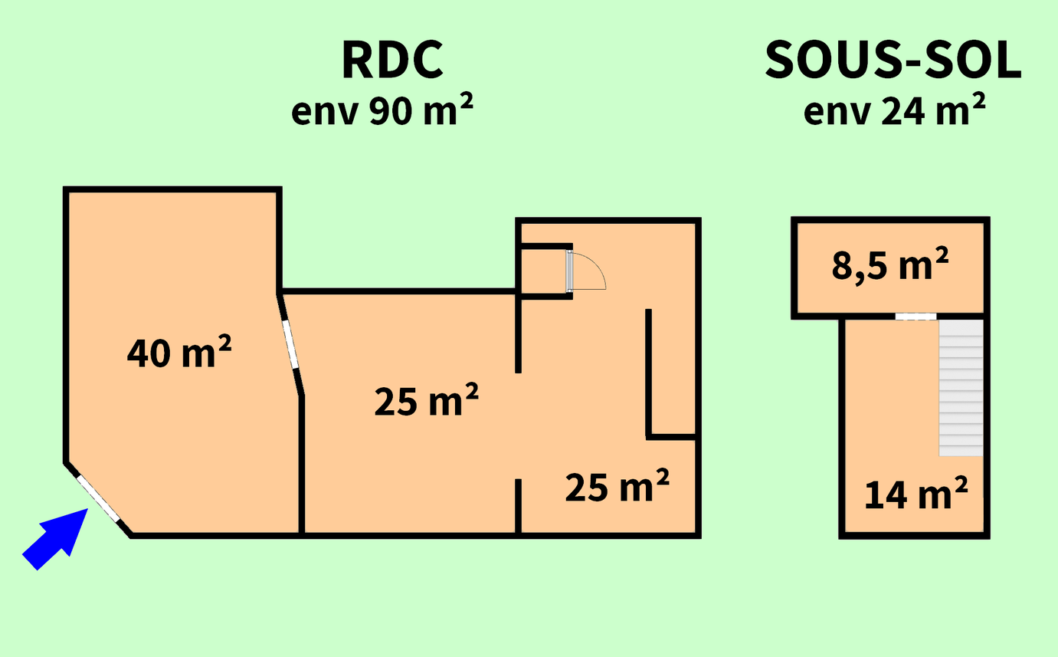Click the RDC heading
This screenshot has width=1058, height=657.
(x=392, y=60)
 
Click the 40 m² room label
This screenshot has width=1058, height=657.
(x=179, y=352)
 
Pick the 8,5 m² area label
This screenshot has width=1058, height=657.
(x=890, y=264)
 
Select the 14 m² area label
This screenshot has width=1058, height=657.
(x=916, y=494)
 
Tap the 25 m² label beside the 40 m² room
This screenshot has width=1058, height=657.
(x=427, y=400)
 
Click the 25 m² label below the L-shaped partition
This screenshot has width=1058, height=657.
(x=617, y=486)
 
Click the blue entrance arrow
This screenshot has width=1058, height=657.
(x=55, y=539)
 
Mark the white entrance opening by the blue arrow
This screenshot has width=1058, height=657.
(x=98, y=499)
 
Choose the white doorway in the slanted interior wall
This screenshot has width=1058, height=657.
(x=290, y=343)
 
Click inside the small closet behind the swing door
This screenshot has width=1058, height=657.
(x=544, y=271)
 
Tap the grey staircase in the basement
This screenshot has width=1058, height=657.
(x=961, y=388)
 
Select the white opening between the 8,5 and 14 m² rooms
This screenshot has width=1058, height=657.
(x=916, y=316)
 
